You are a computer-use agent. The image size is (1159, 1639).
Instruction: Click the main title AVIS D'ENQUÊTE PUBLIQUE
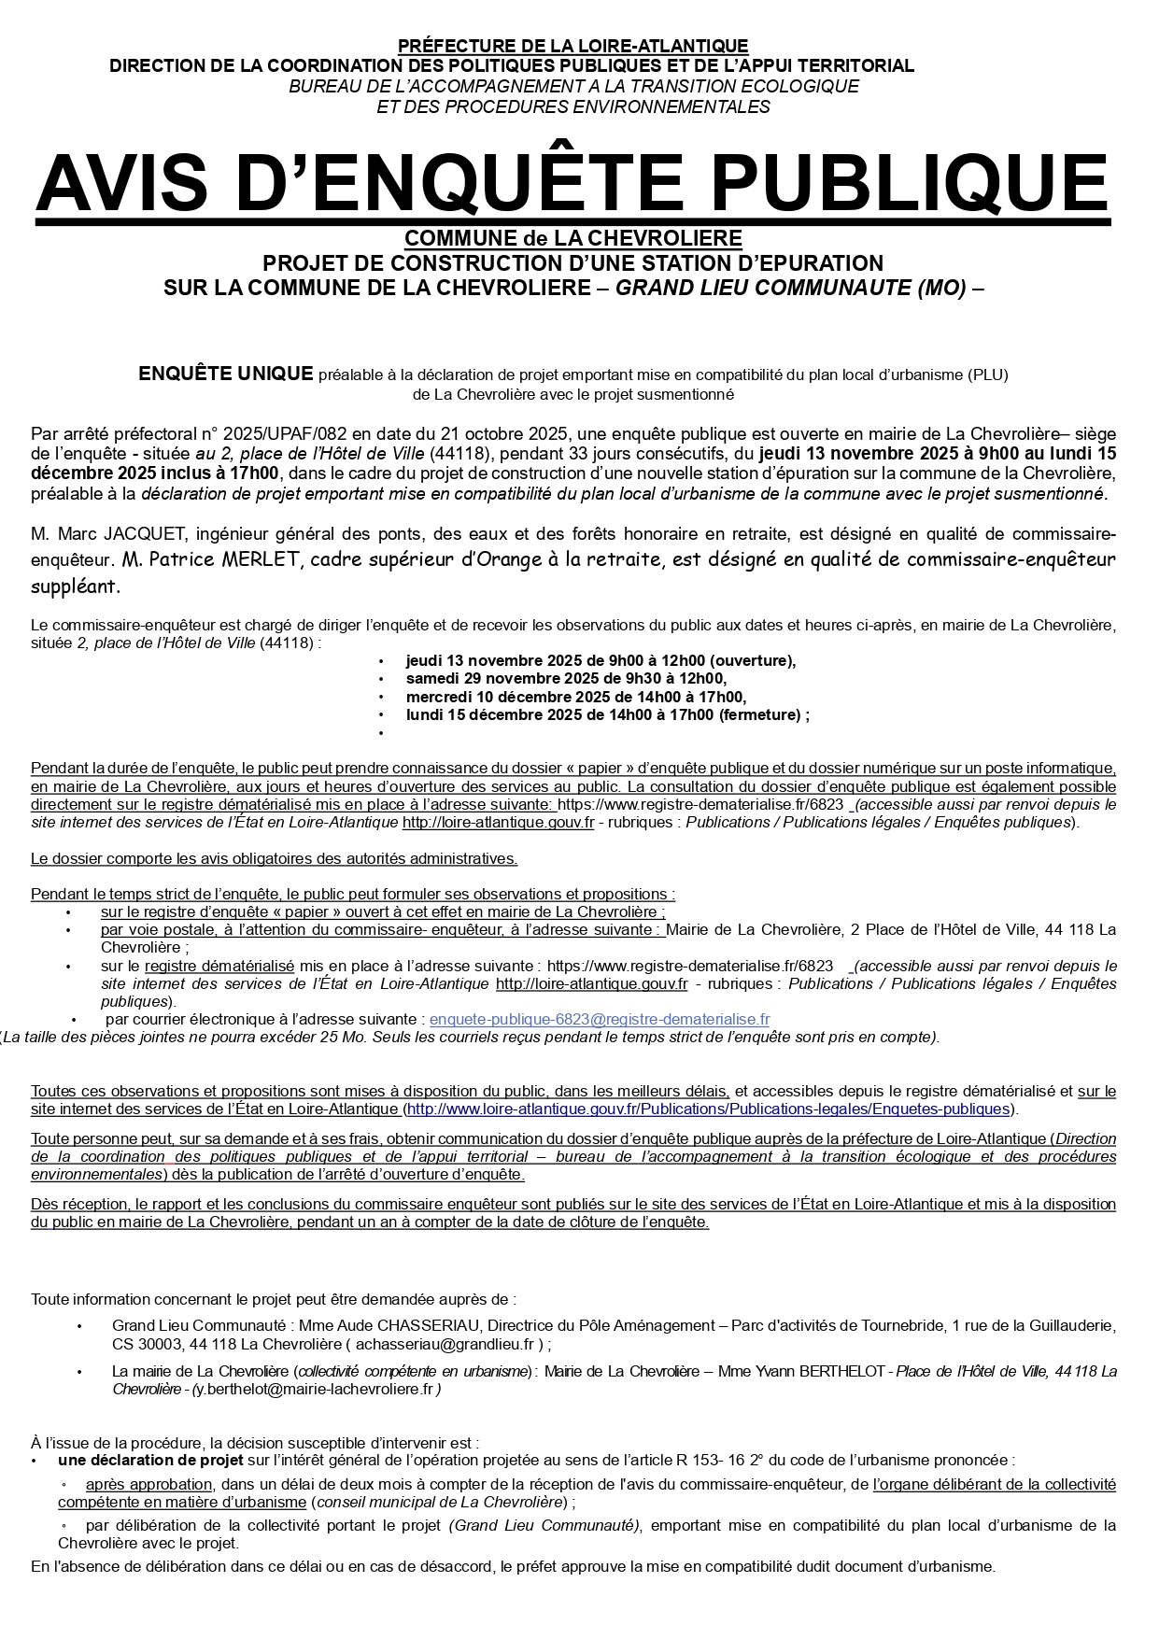pos(572,183)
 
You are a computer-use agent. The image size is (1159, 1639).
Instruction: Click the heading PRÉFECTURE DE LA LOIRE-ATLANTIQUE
pos(572,46)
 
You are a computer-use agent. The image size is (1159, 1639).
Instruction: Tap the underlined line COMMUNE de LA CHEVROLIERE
pos(572,238)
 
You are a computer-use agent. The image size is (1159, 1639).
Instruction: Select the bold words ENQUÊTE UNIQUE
pos(225,374)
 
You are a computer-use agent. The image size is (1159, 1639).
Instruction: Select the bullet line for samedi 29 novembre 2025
pos(566,679)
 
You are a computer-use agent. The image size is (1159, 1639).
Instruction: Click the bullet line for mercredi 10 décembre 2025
pos(575,697)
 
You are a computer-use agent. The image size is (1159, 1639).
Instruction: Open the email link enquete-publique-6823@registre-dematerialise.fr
pos(599,1020)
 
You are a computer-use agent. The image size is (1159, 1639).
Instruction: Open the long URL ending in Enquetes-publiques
pos(709,1109)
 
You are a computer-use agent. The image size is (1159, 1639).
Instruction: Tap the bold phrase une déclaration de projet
pos(150,1460)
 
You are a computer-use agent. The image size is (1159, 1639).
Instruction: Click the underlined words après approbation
pos(148,1484)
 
